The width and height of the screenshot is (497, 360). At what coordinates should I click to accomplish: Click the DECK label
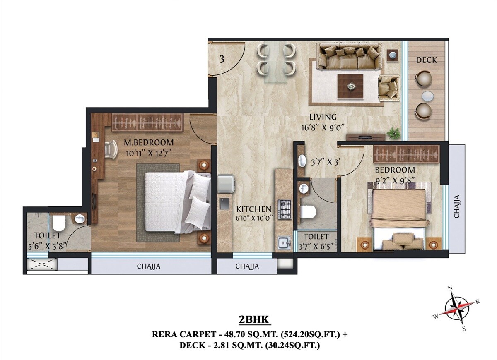point(426,60)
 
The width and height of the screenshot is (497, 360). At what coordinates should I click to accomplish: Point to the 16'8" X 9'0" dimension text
point(323,127)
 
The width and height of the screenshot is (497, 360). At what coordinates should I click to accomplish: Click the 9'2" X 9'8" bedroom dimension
point(395,180)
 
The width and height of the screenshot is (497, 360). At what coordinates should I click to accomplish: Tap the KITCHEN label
point(254,209)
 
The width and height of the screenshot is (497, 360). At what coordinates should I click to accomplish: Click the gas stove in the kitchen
point(284,209)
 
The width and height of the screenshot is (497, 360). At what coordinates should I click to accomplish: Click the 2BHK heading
point(254,320)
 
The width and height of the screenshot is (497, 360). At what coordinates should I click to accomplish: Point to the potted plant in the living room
point(393,133)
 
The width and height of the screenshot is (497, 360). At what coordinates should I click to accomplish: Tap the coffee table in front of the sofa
point(350,86)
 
